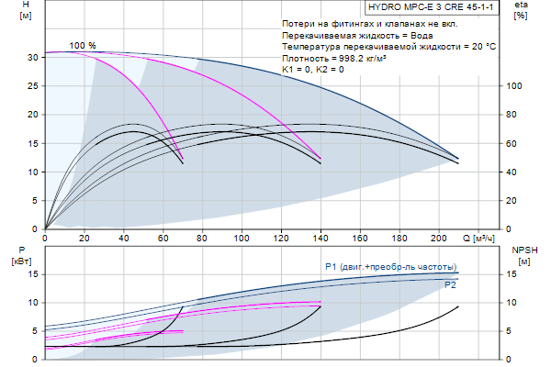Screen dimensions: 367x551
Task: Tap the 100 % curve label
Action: pos(83,45)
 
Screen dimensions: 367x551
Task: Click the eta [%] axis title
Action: pos(521,11)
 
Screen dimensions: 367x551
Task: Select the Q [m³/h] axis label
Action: pos(483,239)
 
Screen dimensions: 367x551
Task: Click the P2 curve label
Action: pos(451,285)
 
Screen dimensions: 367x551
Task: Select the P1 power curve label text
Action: pos(390,266)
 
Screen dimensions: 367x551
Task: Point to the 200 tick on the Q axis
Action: pos(441,239)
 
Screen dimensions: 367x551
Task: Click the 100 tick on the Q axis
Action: pos(242,239)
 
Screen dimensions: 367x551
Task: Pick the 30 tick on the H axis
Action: pos(31,57)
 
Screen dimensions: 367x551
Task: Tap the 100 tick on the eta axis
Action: pos(515,85)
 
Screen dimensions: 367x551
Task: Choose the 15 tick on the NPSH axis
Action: pos(516,273)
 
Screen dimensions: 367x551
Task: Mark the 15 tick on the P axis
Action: pos(31,273)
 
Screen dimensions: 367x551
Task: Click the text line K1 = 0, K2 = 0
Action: pos(313,70)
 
